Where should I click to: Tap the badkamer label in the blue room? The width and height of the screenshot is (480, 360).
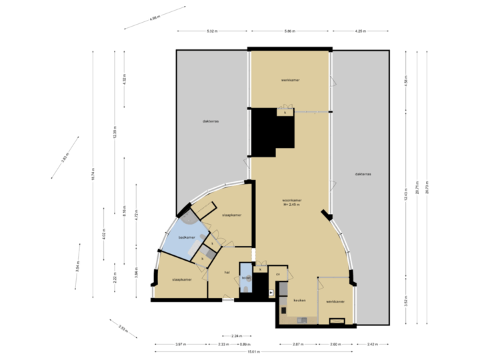click(187, 237)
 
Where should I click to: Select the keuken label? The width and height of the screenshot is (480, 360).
click(299, 301)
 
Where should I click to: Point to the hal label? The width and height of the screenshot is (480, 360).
click(227, 272)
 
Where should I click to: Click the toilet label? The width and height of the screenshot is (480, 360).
click(245, 277)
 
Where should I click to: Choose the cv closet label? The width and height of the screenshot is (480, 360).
click(278, 274)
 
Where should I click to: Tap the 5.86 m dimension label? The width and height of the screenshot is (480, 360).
click(289, 31)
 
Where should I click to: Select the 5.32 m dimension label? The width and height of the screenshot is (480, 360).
click(212, 31)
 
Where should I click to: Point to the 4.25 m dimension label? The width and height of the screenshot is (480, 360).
click(360, 31)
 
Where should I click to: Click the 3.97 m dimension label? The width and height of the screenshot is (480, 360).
click(179, 344)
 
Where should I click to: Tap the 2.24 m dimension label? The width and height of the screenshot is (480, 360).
click(236, 335)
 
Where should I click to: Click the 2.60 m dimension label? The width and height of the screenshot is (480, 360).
click(336, 344)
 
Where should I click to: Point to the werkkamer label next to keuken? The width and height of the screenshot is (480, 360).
click(335, 301)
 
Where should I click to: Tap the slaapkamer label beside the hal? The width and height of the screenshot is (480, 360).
click(181, 279)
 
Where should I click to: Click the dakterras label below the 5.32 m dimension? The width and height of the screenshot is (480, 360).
click(211, 121)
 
